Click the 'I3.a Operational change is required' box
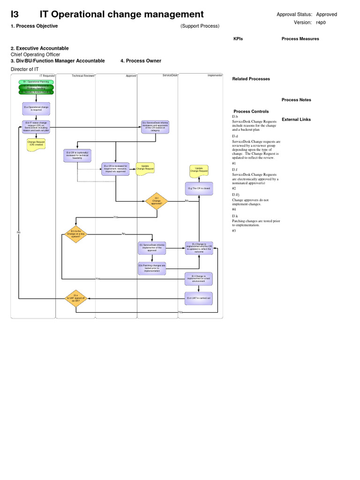click(36, 108)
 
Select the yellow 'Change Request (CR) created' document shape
click(36, 144)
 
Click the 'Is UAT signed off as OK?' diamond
click(75, 298)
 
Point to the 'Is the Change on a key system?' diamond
click(75, 234)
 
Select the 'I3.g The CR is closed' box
click(199, 188)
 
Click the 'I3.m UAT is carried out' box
click(199, 298)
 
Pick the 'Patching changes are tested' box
click(152, 268)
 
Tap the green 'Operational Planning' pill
click(36, 82)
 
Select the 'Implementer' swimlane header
click(215, 75)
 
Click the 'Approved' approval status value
click(326, 15)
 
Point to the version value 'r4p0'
click(321, 22)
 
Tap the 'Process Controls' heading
click(251, 112)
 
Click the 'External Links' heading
click(296, 120)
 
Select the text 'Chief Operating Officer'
click(36, 54)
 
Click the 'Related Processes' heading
click(251, 79)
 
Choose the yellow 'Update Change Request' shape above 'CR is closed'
click(199, 170)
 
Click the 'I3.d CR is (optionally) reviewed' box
click(77, 156)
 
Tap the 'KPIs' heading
click(238, 39)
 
